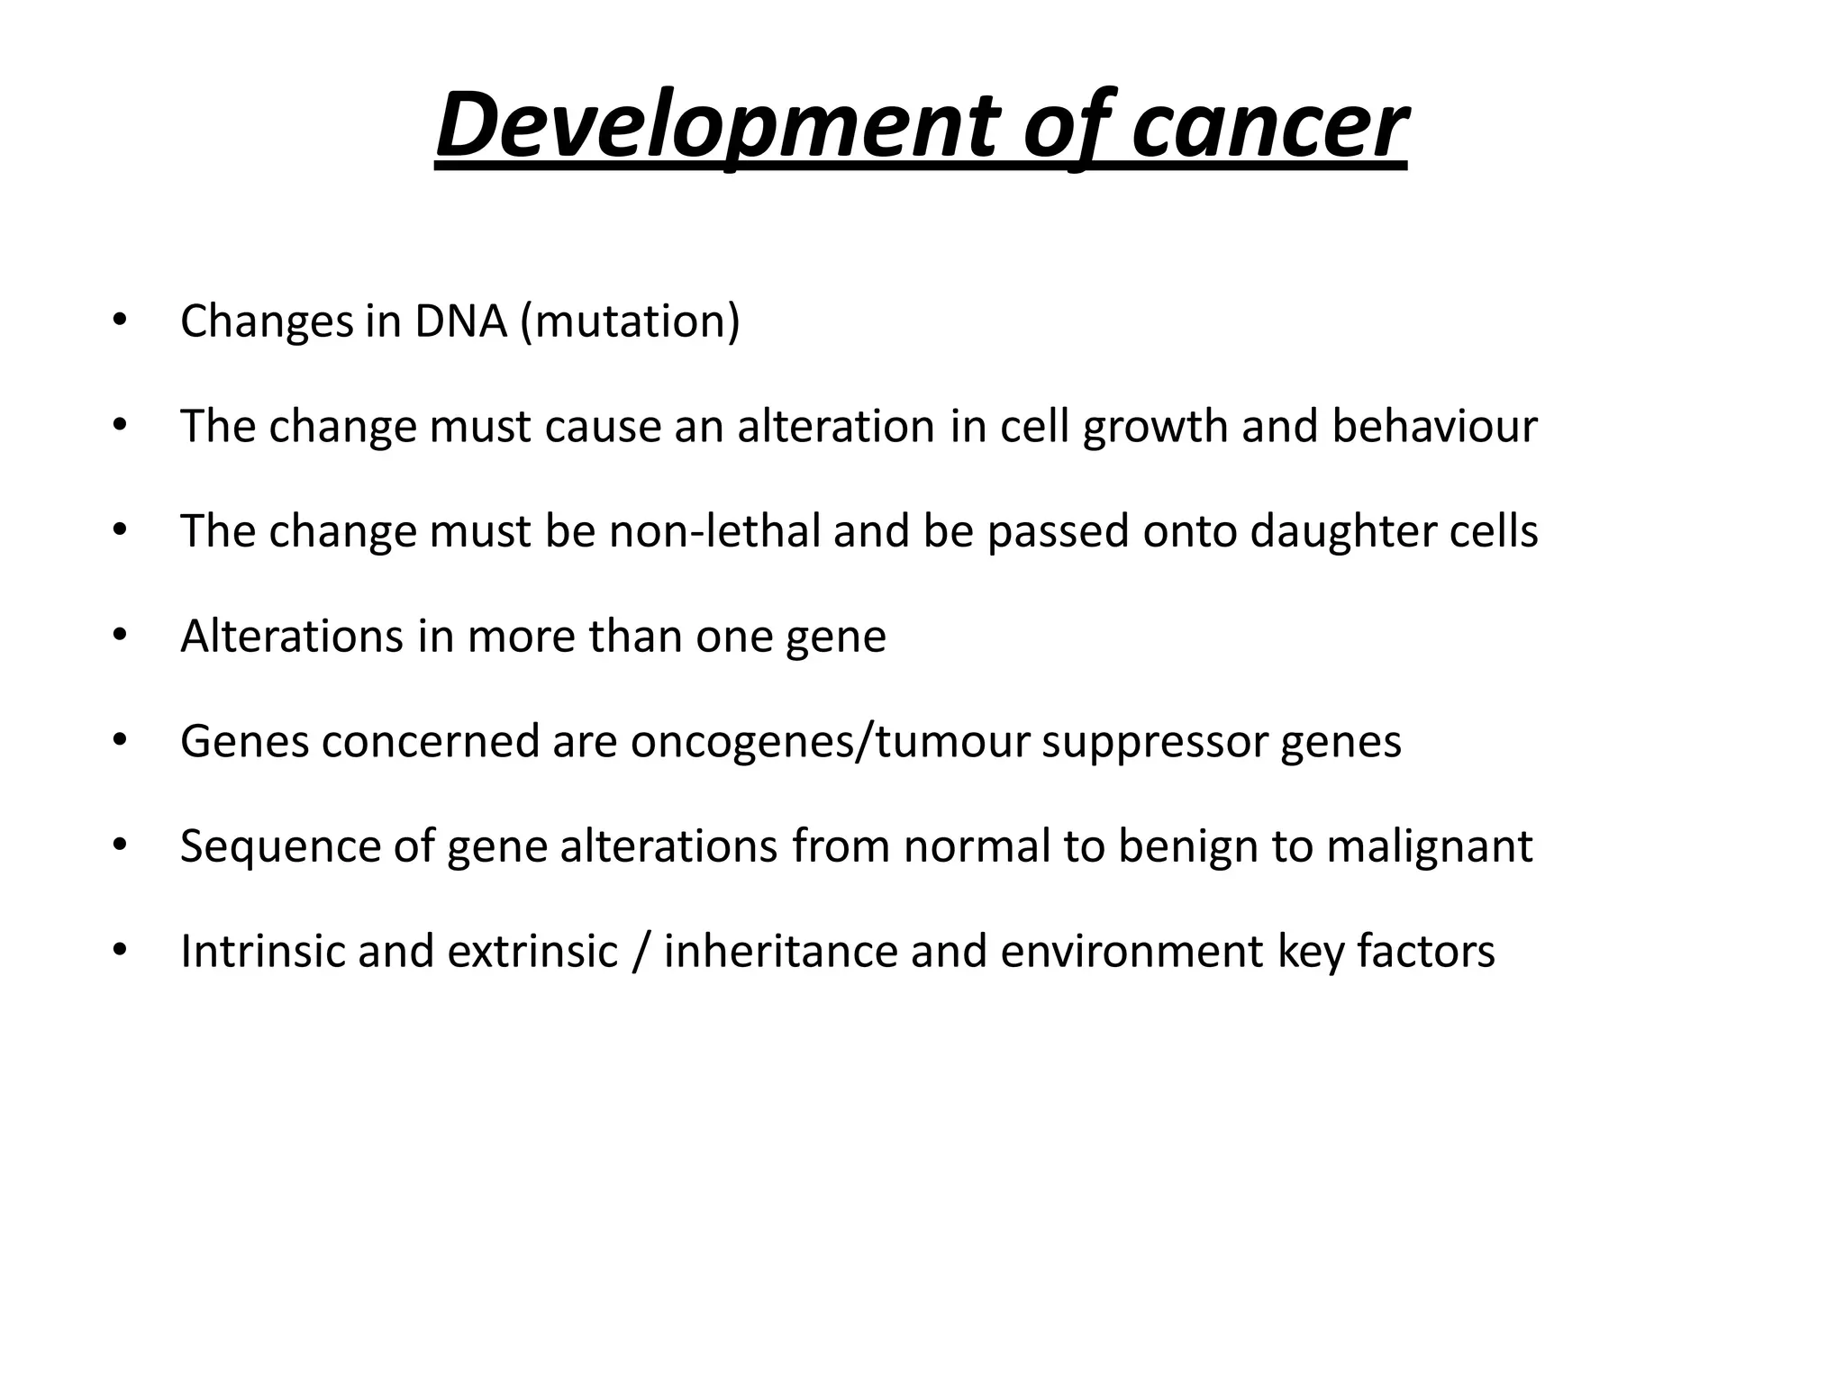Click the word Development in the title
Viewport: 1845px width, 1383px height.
(x=715, y=125)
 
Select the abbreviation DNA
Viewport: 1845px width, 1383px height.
(x=461, y=321)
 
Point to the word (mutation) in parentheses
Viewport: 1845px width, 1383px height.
(x=631, y=321)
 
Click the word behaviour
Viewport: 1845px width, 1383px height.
(x=1434, y=426)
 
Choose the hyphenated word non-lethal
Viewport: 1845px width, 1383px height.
(x=715, y=530)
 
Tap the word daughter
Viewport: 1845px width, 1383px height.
(x=1343, y=532)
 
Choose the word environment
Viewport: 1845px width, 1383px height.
(x=1132, y=951)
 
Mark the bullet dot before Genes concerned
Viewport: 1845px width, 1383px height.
(x=120, y=740)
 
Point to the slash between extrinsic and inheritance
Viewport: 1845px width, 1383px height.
(x=641, y=951)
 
